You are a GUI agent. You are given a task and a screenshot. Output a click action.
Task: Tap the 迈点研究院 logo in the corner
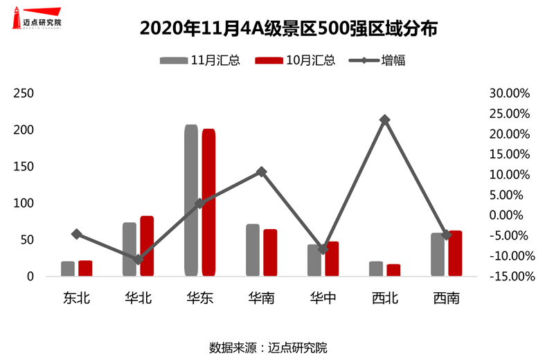(37, 19)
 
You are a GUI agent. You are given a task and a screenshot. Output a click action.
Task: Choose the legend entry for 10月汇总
(295, 60)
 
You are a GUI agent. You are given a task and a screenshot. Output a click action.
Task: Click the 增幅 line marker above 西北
(385, 120)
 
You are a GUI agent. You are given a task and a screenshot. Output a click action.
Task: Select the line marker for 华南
(261, 172)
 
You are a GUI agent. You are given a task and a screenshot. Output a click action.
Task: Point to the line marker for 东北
(76, 234)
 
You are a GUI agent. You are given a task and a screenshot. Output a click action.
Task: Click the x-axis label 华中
(323, 298)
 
